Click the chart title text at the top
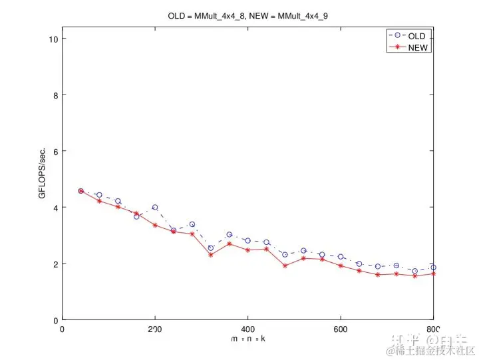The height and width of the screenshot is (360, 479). click(248, 15)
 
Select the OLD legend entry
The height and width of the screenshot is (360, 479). click(416, 36)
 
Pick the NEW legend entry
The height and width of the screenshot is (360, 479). click(418, 47)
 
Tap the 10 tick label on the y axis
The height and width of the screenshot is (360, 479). click(53, 39)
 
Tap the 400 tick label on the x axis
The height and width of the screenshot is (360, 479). click(248, 329)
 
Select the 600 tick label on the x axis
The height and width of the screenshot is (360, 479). click(341, 329)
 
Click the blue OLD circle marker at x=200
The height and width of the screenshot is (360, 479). click(155, 208)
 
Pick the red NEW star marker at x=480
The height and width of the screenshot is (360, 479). click(285, 266)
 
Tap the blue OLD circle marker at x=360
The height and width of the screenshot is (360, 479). click(229, 235)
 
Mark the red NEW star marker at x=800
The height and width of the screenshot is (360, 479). click(433, 273)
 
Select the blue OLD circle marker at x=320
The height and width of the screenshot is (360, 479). click(211, 248)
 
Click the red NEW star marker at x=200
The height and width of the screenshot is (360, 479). click(155, 226)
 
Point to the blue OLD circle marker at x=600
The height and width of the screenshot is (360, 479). click(341, 257)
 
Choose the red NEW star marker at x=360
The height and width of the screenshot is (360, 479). click(229, 244)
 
